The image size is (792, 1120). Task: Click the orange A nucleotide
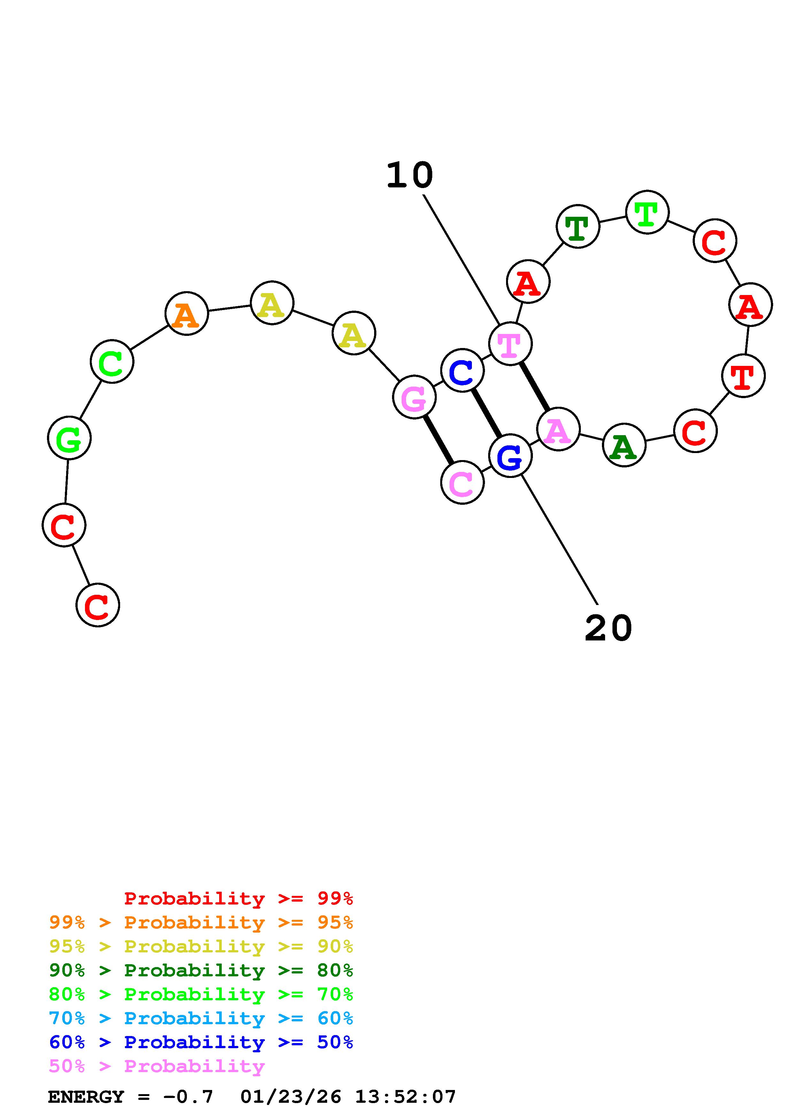pos(186,314)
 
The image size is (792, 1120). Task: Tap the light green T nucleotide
pos(647,212)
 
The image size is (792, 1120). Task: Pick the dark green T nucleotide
pos(578,226)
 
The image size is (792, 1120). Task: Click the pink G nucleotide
pos(414,397)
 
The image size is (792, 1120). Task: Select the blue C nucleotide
pos(462,371)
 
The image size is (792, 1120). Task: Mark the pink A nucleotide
pos(558,429)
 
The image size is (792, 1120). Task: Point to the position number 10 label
pos(410,176)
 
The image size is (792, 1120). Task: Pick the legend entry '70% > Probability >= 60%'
pos(201,1018)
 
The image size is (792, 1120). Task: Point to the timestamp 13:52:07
pos(405,1097)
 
